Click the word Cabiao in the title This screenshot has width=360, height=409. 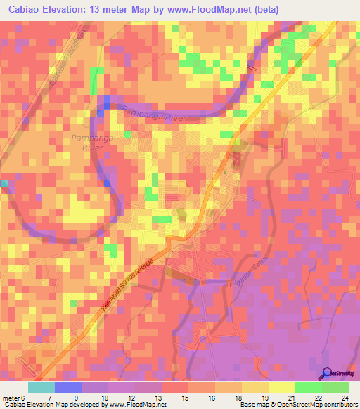(27, 9)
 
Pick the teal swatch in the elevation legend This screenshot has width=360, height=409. (41, 387)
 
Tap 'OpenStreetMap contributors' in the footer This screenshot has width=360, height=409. (320, 405)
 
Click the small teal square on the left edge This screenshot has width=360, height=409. (4, 183)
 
